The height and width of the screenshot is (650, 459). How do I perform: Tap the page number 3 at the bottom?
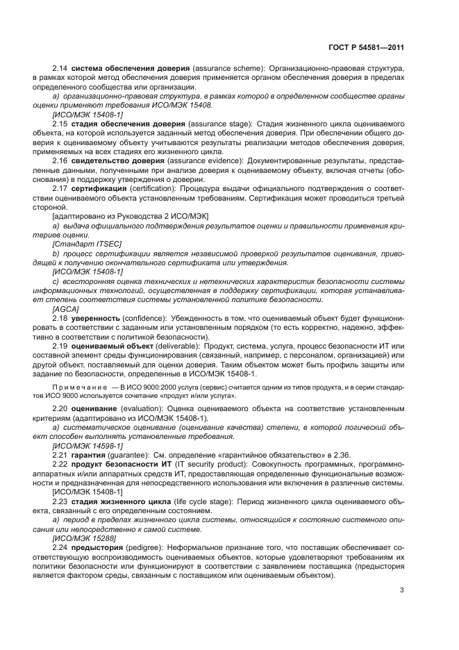coord(402,591)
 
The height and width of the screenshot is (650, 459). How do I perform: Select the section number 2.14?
coord(60,69)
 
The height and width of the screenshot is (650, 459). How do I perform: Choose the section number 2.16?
coord(60,159)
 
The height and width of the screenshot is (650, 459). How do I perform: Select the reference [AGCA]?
coord(65,308)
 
